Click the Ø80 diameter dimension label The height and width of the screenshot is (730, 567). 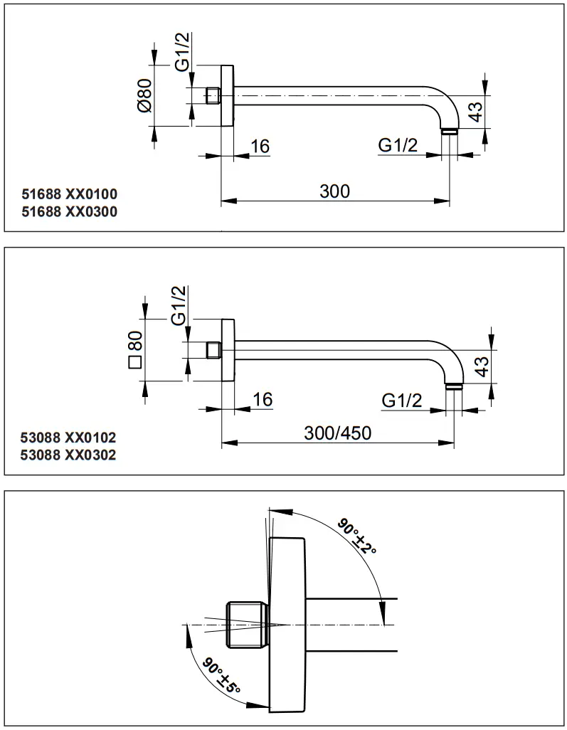(144, 95)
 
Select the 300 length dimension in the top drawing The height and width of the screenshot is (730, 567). (334, 191)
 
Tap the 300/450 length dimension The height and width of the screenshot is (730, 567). (338, 433)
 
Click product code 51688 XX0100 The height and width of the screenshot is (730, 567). (69, 194)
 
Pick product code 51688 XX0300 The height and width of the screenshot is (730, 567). (69, 211)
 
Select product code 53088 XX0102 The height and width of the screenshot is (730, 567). (69, 437)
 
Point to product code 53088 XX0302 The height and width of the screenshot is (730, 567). (69, 455)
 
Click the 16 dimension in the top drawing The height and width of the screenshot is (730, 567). (260, 147)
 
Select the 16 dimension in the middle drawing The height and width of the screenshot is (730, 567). (263, 399)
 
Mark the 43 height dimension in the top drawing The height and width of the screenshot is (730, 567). (476, 110)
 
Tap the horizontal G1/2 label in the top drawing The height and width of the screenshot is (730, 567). (397, 146)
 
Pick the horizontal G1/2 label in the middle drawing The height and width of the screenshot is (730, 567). (401, 401)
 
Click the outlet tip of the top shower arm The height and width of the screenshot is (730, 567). (450, 132)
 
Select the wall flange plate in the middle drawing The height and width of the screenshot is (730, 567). (228, 350)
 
